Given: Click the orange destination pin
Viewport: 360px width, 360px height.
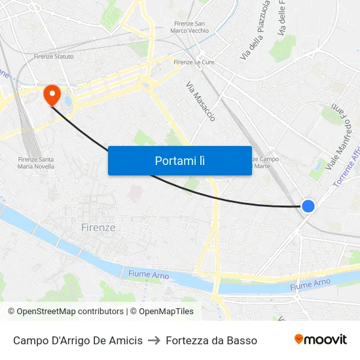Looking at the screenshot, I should coord(51,96).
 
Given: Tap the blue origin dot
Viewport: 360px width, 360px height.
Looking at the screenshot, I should coord(308,206).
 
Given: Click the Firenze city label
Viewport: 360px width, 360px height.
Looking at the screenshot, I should coord(98,228).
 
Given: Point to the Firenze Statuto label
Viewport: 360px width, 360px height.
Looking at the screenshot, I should coord(54,56).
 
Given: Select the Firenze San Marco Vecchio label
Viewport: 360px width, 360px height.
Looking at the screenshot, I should coord(189,27).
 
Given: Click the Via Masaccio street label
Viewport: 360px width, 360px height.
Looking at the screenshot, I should coord(200,101).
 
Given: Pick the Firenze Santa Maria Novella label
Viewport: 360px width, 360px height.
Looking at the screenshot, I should coord(36,163).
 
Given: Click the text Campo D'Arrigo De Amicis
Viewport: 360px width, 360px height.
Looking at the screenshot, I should coord(78,340).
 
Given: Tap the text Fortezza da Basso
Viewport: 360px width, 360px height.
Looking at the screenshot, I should coord(211,340).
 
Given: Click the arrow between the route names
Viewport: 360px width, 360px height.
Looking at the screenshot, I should coord(154,340).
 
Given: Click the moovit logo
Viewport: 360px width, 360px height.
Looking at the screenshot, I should coord(320,339).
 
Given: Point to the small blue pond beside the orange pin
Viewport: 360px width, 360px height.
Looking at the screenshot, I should coord(69,101).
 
